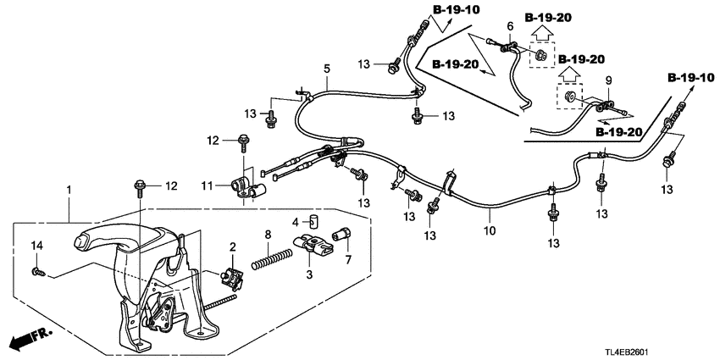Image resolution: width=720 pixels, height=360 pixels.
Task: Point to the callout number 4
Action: (295, 222)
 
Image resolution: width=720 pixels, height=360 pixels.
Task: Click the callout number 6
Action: (510, 27)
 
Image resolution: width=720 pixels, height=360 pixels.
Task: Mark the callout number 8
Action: (269, 233)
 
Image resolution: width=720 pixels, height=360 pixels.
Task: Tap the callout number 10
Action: (489, 229)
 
